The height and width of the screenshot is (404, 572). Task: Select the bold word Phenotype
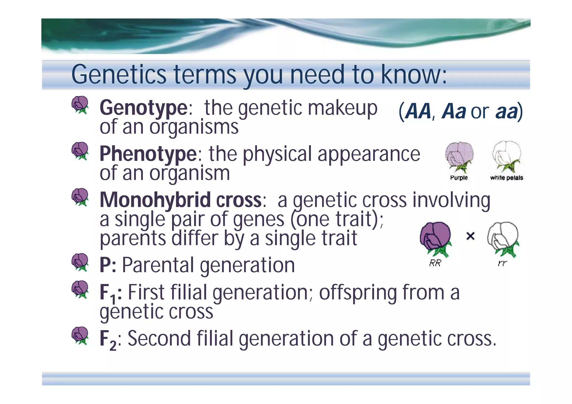click(x=148, y=154)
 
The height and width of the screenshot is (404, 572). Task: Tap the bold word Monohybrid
click(x=155, y=200)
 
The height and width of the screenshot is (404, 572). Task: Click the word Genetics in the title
click(x=119, y=75)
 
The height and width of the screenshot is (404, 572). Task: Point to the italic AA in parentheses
click(x=418, y=111)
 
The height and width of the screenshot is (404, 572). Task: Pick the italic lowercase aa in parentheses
click(x=506, y=111)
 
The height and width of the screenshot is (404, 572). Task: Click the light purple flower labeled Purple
click(x=459, y=156)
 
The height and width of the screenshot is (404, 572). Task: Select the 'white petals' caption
click(x=506, y=178)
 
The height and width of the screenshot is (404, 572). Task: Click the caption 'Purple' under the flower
click(x=459, y=178)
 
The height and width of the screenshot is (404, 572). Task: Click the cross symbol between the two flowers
click(x=470, y=236)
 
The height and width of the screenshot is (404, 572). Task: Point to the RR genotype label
click(x=435, y=263)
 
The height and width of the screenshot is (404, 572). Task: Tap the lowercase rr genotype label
click(x=502, y=263)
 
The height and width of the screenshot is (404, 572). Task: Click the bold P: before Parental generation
click(x=108, y=265)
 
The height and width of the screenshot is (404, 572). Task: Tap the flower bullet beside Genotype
click(x=80, y=105)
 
